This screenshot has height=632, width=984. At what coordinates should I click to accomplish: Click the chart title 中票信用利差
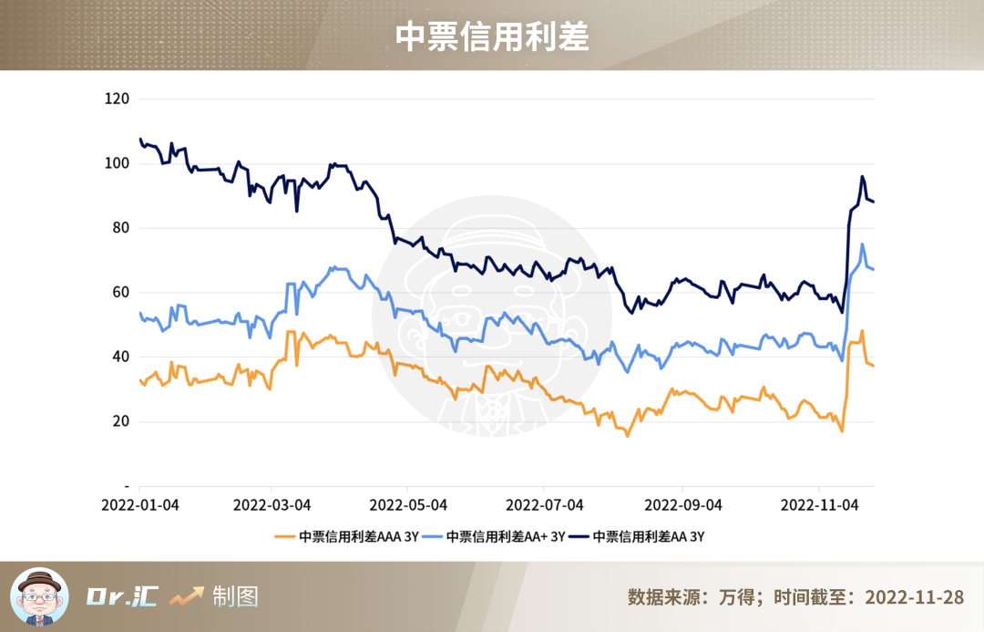(x=492, y=36)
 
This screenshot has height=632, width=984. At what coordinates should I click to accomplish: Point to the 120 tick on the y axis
(x=118, y=98)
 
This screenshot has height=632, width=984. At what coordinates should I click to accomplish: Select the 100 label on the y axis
(x=118, y=163)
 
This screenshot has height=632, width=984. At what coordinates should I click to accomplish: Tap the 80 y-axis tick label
(x=121, y=228)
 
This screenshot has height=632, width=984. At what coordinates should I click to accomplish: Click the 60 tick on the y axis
(x=121, y=293)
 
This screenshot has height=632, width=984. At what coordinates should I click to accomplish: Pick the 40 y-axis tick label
(x=121, y=357)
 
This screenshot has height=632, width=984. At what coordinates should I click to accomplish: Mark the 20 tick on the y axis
(x=121, y=421)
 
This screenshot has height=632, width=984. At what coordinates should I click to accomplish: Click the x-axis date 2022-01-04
(x=139, y=504)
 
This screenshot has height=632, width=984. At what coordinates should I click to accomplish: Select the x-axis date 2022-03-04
(x=272, y=504)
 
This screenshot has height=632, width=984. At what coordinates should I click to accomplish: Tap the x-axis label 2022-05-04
(x=409, y=504)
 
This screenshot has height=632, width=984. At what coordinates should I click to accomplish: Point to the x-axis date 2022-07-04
(x=545, y=504)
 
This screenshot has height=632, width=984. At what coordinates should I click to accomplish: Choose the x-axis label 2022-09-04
(x=683, y=504)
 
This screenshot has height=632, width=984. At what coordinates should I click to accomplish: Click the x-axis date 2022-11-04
(x=820, y=504)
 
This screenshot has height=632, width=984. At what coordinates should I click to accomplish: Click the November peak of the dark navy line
(x=862, y=177)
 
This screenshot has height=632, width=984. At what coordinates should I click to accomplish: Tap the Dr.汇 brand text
(x=122, y=597)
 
